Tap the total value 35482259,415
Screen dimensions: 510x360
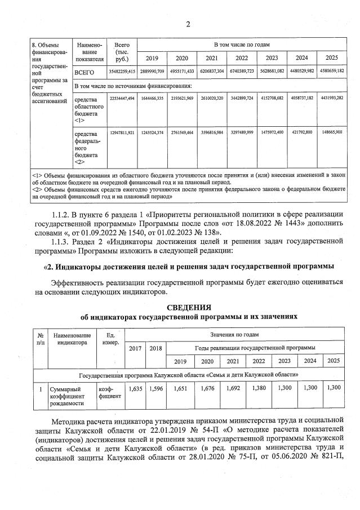pyautogui.click(x=122, y=72)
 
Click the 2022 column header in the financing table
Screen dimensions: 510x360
pyautogui.click(x=242, y=58)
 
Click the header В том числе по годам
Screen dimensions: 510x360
pyautogui.click(x=242, y=44)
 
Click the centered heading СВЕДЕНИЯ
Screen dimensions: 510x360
pyautogui.click(x=188, y=307)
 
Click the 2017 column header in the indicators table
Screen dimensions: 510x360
pyautogui.click(x=135, y=348)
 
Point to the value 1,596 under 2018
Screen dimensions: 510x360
pyautogui.click(x=155, y=388)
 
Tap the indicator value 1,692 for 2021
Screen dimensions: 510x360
pyautogui.click(x=233, y=388)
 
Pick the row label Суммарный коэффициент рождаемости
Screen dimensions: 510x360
pyautogui.click(x=68, y=396)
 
